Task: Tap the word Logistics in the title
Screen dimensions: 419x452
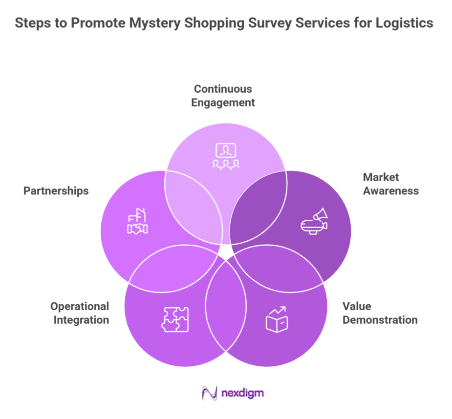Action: click(404, 23)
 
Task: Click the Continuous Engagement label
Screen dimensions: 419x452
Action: click(223, 96)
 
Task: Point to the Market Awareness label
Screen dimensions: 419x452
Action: click(390, 184)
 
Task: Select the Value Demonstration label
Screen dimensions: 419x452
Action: click(380, 313)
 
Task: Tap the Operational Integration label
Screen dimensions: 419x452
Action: click(80, 313)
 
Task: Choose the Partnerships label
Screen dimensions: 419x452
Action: click(56, 190)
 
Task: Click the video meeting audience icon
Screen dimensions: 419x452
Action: click(226, 156)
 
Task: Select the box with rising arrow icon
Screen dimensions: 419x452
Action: click(276, 319)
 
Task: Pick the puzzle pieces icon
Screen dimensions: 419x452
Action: click(175, 319)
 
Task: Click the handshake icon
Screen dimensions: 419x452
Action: click(138, 222)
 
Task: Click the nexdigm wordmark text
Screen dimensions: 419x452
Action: click(241, 393)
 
